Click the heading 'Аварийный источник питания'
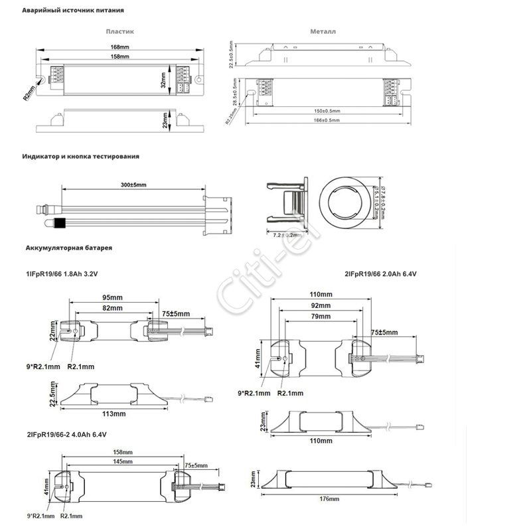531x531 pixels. tap(73, 11)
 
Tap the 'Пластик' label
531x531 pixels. tap(120, 31)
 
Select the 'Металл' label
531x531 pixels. tap(323, 31)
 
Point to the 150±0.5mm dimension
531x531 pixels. tap(326, 111)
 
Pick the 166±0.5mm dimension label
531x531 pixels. tap(326, 120)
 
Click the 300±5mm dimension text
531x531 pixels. tap(133, 184)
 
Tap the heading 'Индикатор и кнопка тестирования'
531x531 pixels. tap(81, 157)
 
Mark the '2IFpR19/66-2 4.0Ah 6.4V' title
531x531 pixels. tap(66, 435)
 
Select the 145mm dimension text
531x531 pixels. tap(121, 461)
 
